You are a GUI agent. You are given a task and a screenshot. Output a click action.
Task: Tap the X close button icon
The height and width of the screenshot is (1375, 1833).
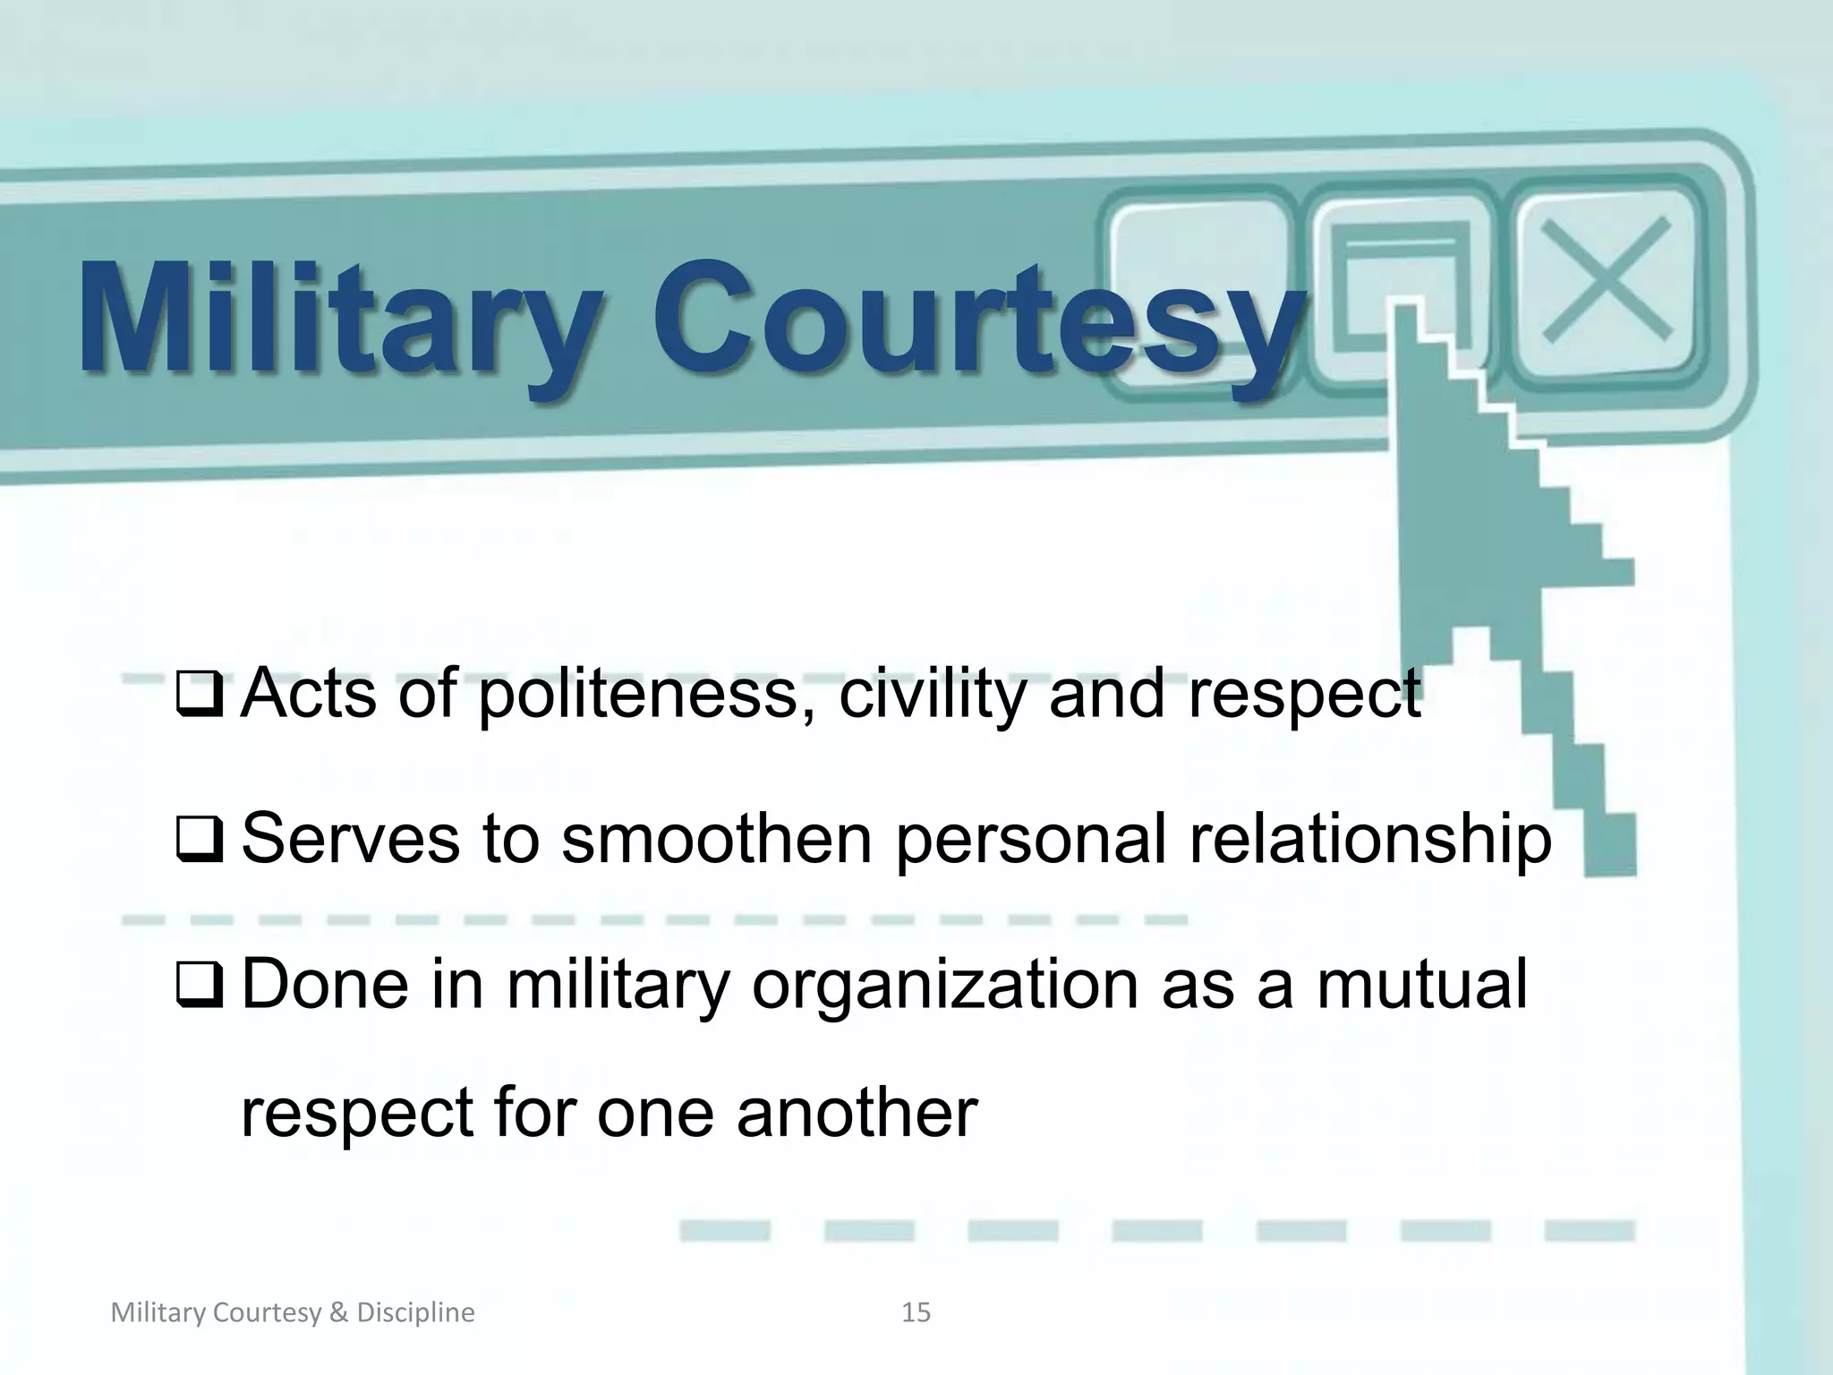click(x=1607, y=278)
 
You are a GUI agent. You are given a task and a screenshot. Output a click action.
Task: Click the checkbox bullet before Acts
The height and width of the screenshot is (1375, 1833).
click(x=200, y=695)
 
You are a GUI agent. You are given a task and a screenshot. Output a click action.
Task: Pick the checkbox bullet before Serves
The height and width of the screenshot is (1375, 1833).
click(x=200, y=841)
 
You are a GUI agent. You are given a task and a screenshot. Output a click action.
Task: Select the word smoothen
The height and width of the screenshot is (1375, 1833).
click(x=716, y=839)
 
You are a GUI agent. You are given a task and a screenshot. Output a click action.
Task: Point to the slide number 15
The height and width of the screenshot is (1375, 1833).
click(x=916, y=1313)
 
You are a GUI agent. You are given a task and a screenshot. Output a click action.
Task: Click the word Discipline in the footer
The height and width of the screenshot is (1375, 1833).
click(x=415, y=1313)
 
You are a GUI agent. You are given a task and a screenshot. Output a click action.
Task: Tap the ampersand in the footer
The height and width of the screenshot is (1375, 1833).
click(x=337, y=1313)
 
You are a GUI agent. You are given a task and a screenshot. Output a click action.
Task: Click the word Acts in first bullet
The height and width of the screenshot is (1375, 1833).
click(x=309, y=695)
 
